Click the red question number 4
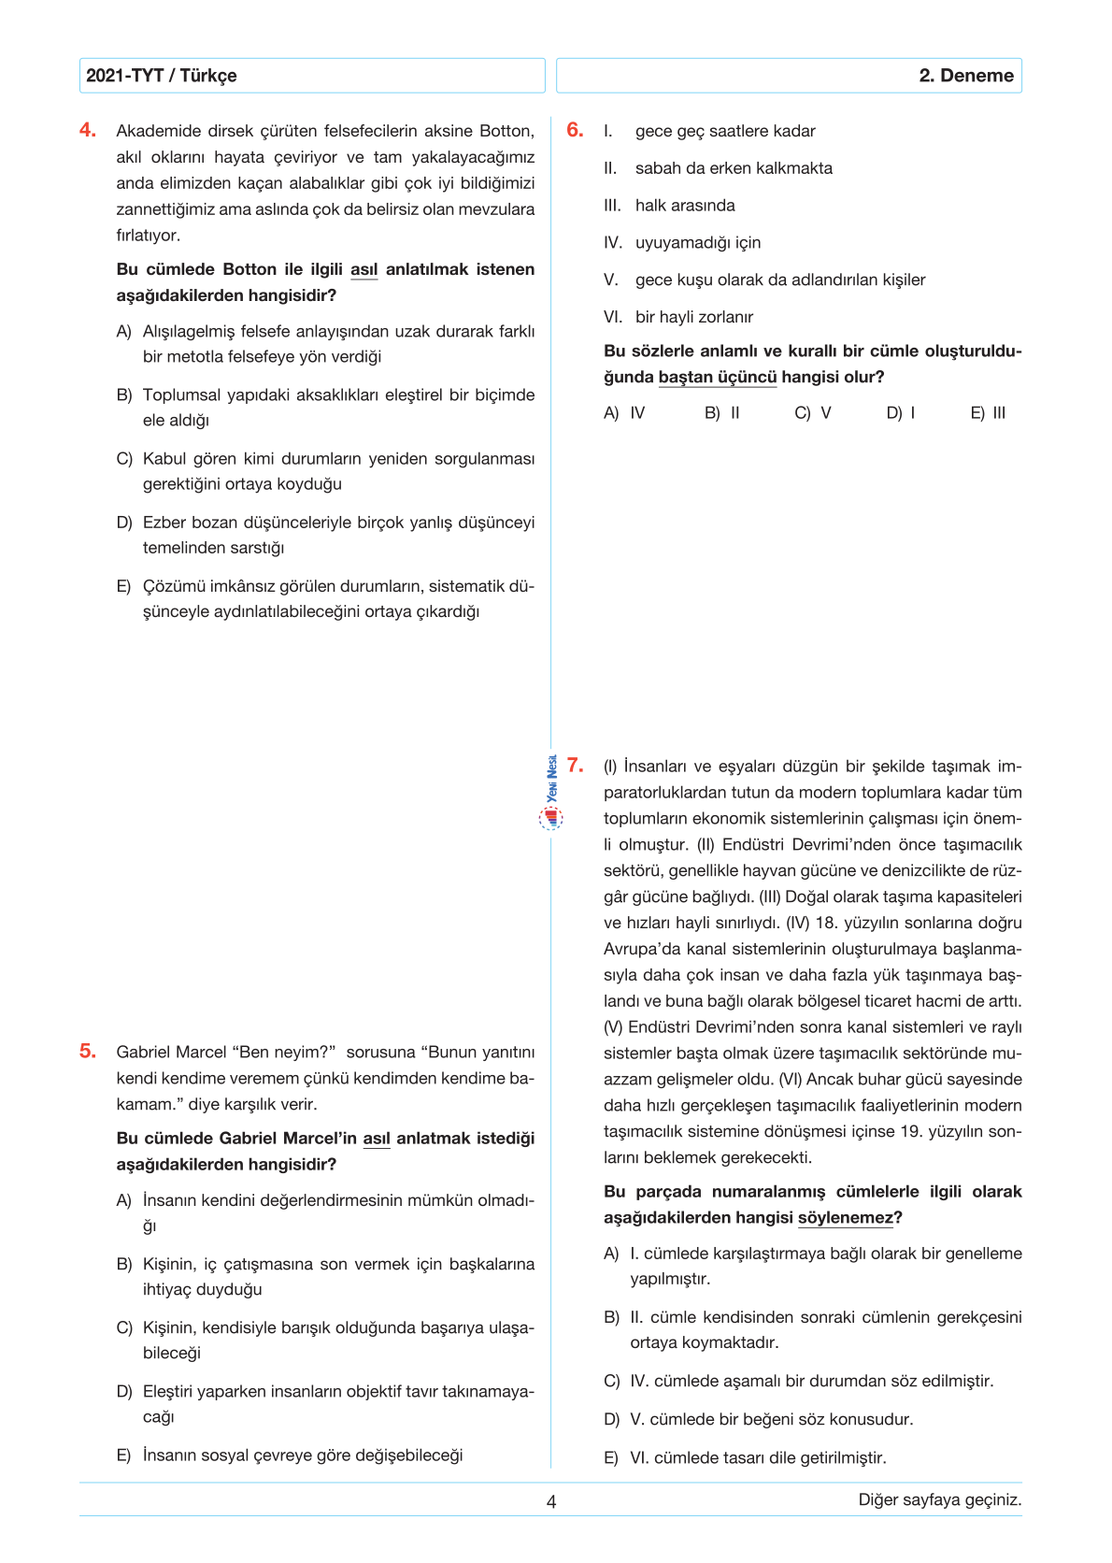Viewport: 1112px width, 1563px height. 88,130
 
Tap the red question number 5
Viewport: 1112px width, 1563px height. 88,1051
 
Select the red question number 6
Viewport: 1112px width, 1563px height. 575,130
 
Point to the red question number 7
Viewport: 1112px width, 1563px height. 575,765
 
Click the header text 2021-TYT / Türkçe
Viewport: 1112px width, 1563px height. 162,76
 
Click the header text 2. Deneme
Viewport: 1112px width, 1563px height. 965,76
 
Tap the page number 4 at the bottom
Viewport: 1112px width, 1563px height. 551,1501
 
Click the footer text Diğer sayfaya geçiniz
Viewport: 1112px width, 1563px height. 939,1499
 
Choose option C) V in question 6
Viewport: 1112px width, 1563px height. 812,413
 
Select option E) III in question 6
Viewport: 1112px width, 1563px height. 988,413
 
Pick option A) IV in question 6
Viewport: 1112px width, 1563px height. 624,413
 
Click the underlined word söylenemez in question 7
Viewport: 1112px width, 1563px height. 846,1218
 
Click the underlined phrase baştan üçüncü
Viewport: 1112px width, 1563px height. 718,378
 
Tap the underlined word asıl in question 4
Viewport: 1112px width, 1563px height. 364,270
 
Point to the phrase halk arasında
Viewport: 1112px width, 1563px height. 685,206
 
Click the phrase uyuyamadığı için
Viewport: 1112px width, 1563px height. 698,243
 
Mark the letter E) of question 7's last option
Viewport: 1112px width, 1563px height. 611,1458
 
